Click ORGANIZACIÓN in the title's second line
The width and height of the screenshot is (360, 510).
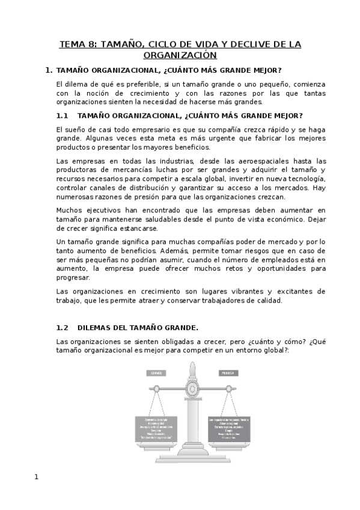pyautogui.click(x=180, y=55)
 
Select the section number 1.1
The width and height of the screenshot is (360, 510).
pyautogui.click(x=63, y=115)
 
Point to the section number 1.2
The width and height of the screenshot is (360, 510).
pyautogui.click(x=63, y=328)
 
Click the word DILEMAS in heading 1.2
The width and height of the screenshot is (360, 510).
pyautogui.click(x=95, y=328)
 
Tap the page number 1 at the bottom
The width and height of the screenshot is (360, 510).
pyautogui.click(x=37, y=477)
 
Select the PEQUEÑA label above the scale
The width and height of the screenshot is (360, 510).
pyautogui.click(x=227, y=372)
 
